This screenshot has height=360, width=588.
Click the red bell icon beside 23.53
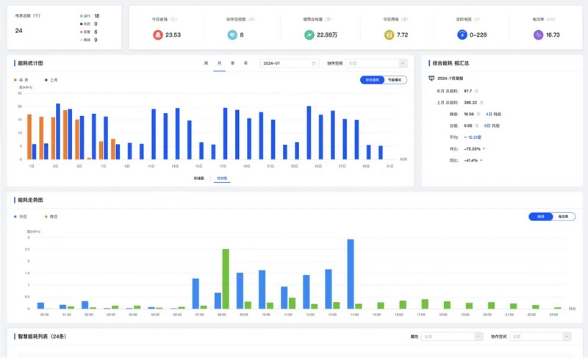coord(157,35)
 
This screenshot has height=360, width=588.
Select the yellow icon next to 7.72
coord(389,35)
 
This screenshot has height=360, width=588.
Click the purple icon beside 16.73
coord(537,35)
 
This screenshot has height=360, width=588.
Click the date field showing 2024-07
coord(289,63)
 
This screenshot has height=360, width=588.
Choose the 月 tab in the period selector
coord(219,63)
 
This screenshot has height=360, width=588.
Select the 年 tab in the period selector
coord(245,63)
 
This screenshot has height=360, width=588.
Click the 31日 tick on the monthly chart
coord(390,167)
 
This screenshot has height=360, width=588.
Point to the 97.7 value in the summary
coord(467,91)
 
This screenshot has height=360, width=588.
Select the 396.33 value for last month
coord(470,103)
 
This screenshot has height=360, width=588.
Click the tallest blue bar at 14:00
coord(351,273)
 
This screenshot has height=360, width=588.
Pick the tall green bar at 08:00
coord(226,278)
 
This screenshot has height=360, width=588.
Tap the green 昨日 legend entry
coord(51,217)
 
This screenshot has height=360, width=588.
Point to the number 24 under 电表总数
coord(19,30)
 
